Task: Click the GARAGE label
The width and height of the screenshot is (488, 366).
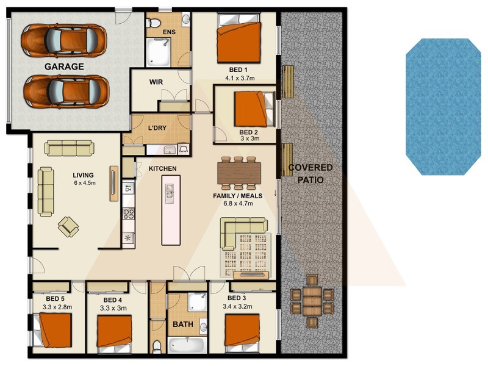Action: click(63, 66)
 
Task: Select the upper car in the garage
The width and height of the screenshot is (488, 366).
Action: click(63, 41)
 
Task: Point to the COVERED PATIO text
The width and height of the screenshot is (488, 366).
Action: click(310, 174)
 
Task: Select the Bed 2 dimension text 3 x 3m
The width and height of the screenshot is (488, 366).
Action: click(249, 139)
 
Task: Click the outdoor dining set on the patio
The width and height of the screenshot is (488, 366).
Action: click(312, 299)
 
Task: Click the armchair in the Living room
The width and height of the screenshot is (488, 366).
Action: click(68, 226)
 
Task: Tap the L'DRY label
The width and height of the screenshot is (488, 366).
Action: click(158, 128)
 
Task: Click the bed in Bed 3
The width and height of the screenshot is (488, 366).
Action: click(245, 332)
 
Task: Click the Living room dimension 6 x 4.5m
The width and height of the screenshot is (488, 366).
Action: click(85, 184)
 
